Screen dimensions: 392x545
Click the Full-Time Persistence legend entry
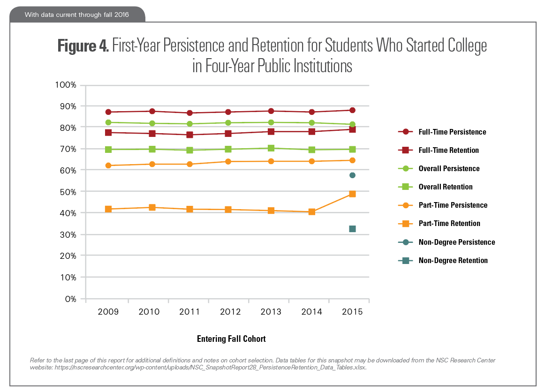coord(452,132)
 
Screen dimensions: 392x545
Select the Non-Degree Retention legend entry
coord(453,261)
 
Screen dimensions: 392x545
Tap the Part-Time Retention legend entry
coord(449,224)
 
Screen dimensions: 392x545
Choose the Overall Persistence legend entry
coord(449,168)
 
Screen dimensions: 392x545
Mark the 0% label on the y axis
coord(71,299)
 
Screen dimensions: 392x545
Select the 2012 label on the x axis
coord(230,312)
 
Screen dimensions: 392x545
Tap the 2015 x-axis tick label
coord(352,312)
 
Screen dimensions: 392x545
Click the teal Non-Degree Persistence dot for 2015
coord(352,175)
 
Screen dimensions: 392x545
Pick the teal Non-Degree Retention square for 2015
coord(352,229)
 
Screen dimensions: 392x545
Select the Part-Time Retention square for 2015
coord(352,194)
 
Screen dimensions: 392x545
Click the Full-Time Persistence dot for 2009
coord(108,112)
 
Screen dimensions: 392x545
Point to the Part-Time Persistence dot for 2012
coord(230,161)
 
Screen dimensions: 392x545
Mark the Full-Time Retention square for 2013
coord(271,131)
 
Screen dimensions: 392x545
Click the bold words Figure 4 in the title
coord(83,46)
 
